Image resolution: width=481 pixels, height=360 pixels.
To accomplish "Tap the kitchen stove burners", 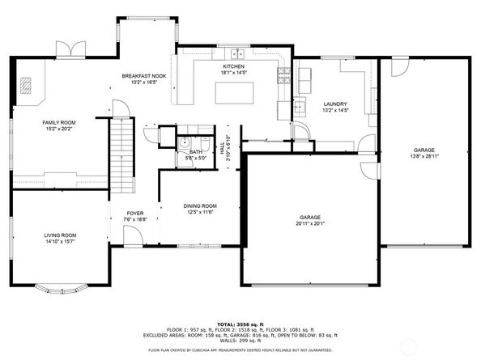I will coord(283,77).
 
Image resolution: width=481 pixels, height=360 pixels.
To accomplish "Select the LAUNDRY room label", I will coord(334,104).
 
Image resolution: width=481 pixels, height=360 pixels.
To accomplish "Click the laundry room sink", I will coord(299,105).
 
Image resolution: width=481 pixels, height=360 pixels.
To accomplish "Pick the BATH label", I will coord(196,151).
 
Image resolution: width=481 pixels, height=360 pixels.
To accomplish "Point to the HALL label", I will coord(223,148).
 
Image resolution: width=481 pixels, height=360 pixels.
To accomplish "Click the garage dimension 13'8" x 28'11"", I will coord(424,156).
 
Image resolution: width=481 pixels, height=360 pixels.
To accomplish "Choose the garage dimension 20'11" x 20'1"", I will coord(311,223).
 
